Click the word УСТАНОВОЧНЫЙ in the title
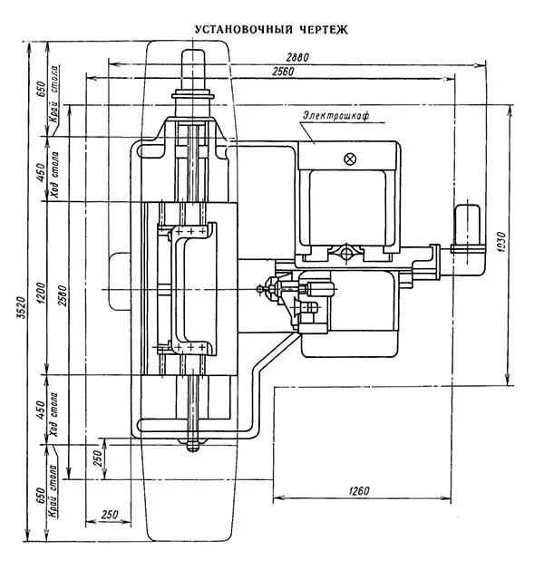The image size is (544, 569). pos(234,29)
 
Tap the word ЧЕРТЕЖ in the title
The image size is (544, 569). pos(320,29)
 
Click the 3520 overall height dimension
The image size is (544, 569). pos(20,309)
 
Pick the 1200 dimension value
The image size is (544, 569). pos(41,292)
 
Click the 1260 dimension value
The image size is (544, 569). pos(359,490)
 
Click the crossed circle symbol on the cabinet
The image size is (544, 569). pos(351,159)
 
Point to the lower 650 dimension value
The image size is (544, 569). pos(41,497)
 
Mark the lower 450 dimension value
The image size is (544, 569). pos(41,410)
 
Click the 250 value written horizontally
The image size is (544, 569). pos(110,515)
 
